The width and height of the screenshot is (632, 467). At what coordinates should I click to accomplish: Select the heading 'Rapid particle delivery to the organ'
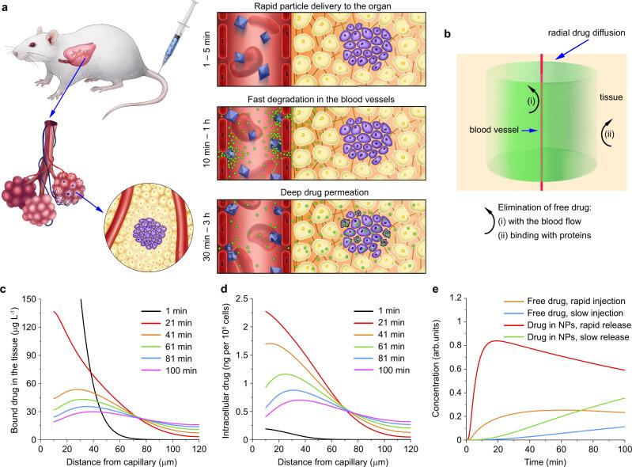point(328,7)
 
